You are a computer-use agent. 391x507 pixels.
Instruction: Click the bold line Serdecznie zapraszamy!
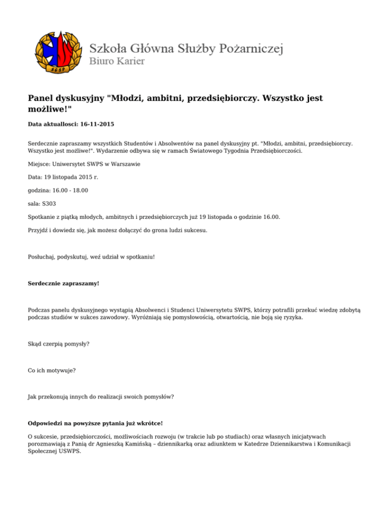coord(63,282)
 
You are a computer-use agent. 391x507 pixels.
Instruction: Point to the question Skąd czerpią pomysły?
coord(59,344)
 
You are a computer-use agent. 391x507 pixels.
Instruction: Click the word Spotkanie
coord(43,217)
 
